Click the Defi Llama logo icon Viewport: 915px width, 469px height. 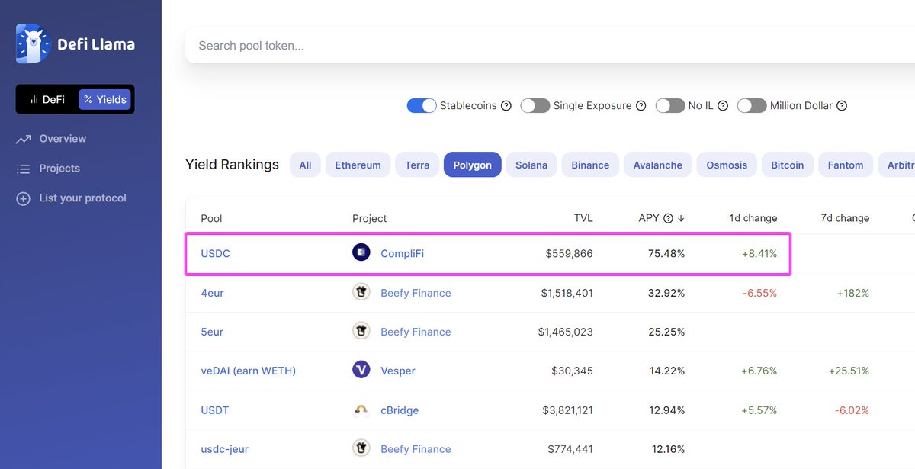pos(32,43)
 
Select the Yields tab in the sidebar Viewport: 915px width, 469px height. pos(105,99)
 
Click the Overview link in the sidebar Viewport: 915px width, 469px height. pos(63,139)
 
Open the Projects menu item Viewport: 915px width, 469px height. pos(59,169)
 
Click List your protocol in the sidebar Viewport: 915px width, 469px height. pos(82,198)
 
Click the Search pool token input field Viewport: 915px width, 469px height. pos(534,46)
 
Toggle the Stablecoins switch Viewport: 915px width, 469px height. pos(422,106)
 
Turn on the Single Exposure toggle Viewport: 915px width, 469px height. pos(535,106)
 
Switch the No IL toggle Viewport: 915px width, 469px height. pos(669,106)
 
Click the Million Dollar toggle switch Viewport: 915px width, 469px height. pos(751,106)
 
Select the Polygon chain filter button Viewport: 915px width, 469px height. pos(472,165)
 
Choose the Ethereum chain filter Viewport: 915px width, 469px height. pos(358,165)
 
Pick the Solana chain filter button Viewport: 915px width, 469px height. pos(531,165)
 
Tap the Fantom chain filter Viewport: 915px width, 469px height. pos(845,165)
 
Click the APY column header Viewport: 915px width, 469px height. pos(649,218)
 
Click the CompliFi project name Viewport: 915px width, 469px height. pos(402,253)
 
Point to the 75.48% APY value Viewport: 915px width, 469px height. pos(666,253)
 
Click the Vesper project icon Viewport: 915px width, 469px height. pos(361,370)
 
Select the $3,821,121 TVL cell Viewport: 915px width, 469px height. pos(566,410)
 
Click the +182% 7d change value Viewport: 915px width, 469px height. pos(852,293)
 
